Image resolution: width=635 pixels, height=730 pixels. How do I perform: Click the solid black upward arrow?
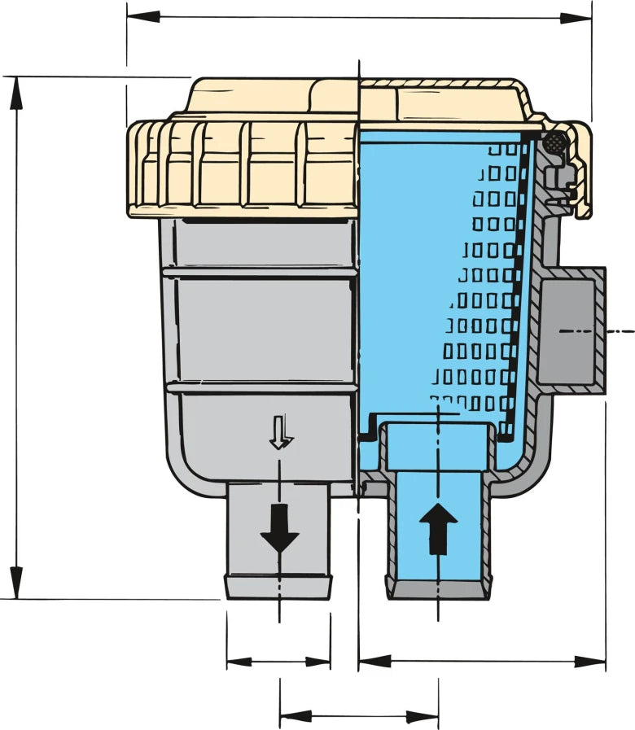point(439,527)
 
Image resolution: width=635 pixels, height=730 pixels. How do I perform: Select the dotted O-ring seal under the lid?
point(555,143)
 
